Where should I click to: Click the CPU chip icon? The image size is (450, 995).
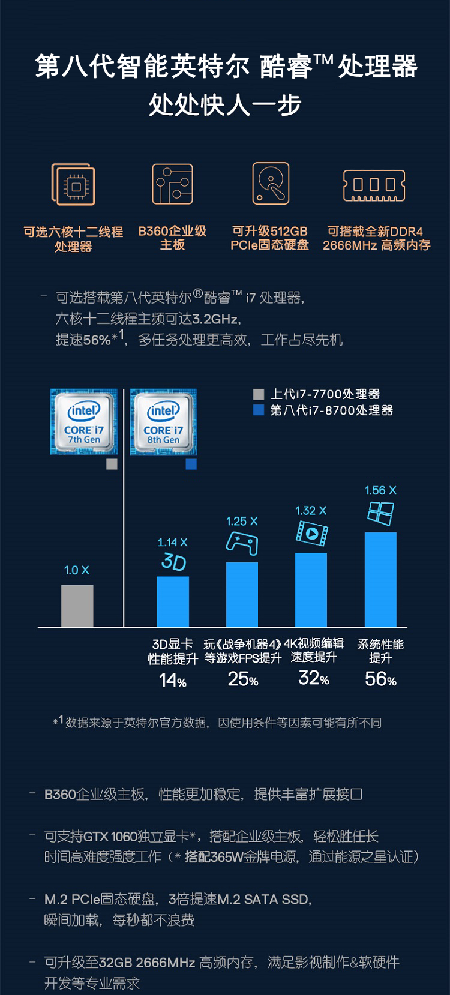point(73,185)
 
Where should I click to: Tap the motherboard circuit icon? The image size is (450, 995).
point(172,184)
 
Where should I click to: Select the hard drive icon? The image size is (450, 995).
point(271,183)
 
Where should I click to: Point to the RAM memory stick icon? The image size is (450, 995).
point(374,185)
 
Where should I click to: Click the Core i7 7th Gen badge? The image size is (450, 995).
point(83,422)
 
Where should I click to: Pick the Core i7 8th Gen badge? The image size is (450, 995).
point(163,422)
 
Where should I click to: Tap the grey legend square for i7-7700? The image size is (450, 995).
point(259,394)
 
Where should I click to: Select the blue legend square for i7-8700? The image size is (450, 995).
point(259,410)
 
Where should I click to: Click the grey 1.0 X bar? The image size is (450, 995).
point(77,606)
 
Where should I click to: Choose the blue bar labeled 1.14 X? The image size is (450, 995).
point(173,601)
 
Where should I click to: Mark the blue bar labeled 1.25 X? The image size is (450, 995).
point(242,594)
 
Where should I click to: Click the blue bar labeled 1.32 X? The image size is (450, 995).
point(311,589)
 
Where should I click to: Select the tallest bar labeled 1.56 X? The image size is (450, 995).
point(380,579)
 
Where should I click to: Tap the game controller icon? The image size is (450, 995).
point(242,544)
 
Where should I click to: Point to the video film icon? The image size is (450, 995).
point(311,533)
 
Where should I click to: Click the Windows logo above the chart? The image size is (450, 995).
point(381,514)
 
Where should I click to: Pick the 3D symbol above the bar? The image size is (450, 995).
point(173,562)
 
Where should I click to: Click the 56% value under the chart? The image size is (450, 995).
point(380,679)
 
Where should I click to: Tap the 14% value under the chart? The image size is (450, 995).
point(173,680)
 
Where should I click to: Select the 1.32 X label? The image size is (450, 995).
point(311,511)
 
